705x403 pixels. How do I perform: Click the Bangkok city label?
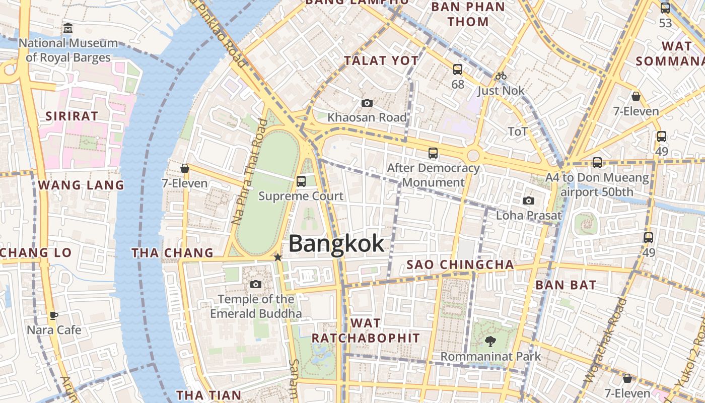point(336,244)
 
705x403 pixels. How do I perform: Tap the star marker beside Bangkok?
point(277,257)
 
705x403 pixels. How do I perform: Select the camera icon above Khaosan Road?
point(367,103)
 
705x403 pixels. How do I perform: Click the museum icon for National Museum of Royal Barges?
point(68,28)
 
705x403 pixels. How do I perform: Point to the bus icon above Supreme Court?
point(301,181)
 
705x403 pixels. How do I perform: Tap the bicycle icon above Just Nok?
point(501,76)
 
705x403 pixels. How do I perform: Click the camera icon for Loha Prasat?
point(528,201)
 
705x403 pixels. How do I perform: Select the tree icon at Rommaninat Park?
point(490,342)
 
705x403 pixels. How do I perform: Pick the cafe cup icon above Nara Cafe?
point(54,316)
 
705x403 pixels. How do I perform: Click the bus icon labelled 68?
point(458,70)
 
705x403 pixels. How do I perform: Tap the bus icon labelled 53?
point(665,8)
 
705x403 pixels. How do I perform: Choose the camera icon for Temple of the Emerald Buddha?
point(256,285)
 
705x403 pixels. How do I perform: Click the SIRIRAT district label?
point(72,116)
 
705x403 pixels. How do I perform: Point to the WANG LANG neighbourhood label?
point(81,185)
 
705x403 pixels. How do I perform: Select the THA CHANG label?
point(173,253)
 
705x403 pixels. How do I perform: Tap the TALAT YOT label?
point(381,61)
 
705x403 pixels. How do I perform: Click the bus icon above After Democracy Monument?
point(433,153)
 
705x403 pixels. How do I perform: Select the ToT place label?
point(518,132)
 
